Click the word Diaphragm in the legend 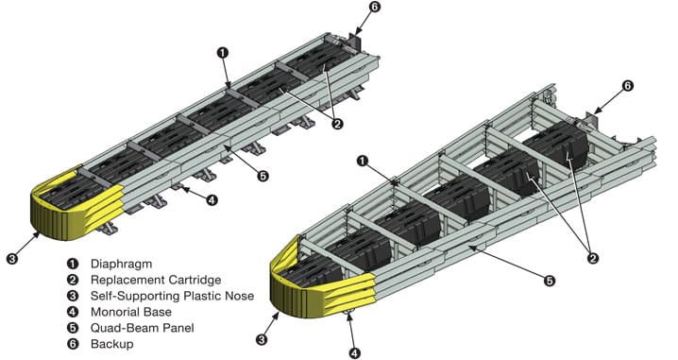[121, 264]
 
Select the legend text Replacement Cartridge [156, 280]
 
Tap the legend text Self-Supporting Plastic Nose [172, 296]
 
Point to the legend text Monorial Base [131, 312]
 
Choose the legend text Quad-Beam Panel [143, 328]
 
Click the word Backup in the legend [112, 345]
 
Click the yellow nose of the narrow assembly [74, 208]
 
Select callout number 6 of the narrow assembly [375, 8]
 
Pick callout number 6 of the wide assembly [628, 86]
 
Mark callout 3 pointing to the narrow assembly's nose [12, 259]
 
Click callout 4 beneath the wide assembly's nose [354, 353]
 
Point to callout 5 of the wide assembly [550, 282]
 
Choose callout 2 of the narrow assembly [337, 124]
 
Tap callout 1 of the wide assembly [363, 162]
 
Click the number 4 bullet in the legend [73, 312]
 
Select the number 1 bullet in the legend [73, 264]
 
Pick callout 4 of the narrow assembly [212, 200]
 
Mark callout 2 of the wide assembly [593, 259]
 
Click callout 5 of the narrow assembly [263, 176]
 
